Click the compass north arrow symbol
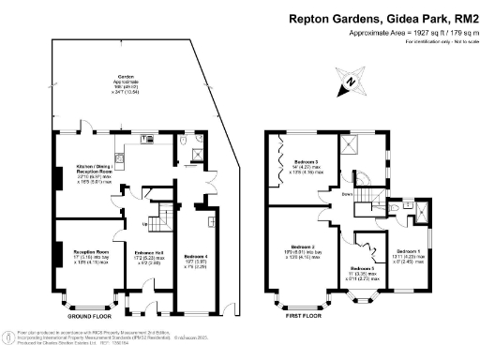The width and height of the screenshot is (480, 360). click(x=351, y=82)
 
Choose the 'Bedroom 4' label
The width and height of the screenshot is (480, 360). click(x=195, y=256)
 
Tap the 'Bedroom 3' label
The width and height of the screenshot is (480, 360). click(x=307, y=161)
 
